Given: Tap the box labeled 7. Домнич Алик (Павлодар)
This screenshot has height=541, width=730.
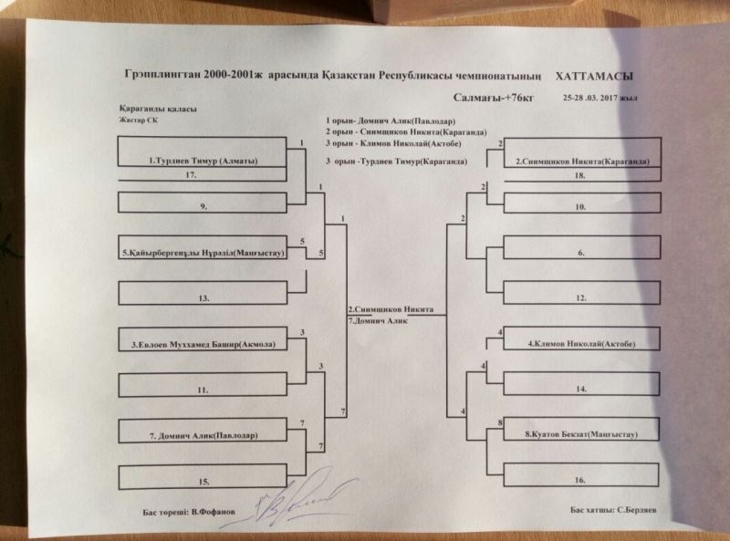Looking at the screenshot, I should (203, 435).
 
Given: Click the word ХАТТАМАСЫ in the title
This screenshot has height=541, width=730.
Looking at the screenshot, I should (594, 77).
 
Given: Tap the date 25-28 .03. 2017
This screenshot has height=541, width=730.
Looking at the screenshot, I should (599, 98).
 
